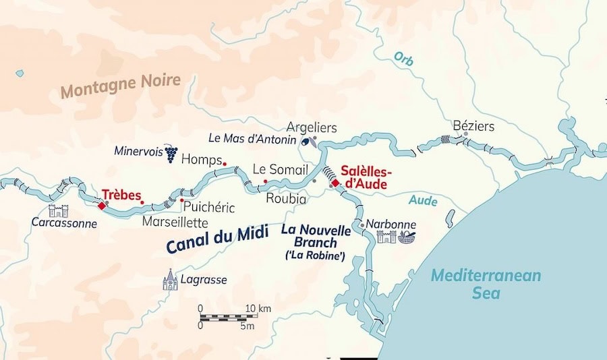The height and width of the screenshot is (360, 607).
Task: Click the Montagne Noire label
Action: tap(121, 86)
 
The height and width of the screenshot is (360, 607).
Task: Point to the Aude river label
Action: tap(423, 201)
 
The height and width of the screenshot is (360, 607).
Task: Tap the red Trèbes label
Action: tap(121, 193)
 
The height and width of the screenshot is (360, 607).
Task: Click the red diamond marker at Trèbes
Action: tap(102, 206)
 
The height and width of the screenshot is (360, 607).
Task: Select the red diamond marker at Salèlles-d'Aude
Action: tap(335, 183)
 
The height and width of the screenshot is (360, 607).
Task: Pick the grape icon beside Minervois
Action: tap(171, 154)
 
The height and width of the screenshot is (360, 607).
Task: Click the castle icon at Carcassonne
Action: tap(59, 211)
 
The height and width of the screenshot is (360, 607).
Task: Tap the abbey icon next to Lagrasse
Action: tap(170, 279)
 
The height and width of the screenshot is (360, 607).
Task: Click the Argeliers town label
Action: tap(312, 127)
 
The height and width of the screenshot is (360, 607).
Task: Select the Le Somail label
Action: tap(280, 169)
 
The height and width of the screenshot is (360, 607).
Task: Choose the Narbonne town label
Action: tap(391, 224)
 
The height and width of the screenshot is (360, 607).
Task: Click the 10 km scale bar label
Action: tap(258, 309)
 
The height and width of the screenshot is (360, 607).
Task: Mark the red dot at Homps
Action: tap(224, 163)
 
